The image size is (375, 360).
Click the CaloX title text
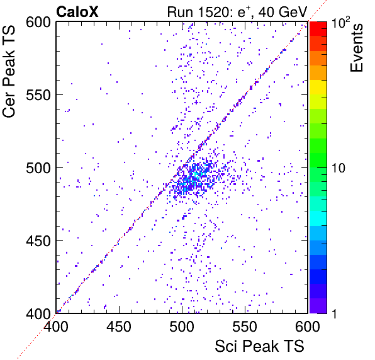[77, 12]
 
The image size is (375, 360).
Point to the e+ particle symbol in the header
[245, 11]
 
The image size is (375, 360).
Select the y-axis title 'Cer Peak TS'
[9, 71]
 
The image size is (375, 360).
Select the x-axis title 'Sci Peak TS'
[259, 346]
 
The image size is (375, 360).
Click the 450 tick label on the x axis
[119, 326]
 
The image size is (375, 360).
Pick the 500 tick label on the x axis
[182, 326]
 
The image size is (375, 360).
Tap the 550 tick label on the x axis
[245, 326]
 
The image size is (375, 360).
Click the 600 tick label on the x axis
[308, 326]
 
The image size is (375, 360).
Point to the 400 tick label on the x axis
[56, 326]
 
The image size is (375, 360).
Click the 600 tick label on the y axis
[38, 23]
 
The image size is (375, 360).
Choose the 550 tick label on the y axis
[38, 96]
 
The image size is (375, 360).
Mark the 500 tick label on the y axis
[38, 169]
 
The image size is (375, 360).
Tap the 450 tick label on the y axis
[38, 241]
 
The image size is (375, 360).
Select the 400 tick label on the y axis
[38, 314]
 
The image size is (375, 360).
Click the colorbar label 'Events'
[356, 48]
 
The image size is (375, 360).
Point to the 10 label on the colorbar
[339, 169]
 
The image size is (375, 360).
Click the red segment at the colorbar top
[318, 29]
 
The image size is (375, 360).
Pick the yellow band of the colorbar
[318, 87]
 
